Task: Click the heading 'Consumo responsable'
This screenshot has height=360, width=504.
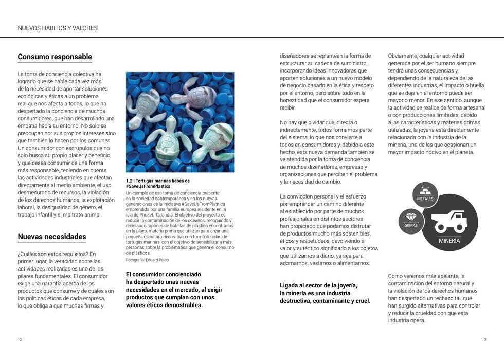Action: click(55, 57)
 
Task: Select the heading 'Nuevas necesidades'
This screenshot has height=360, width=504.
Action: click(52, 237)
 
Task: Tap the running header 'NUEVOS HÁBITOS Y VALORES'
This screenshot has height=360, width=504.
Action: click(58, 28)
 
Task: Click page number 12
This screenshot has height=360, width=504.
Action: click(20, 339)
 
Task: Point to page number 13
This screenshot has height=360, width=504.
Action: click(484, 339)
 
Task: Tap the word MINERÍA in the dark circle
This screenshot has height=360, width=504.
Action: click(449, 241)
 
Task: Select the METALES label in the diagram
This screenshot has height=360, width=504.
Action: click(425, 199)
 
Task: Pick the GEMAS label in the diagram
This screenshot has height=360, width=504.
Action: click(411, 225)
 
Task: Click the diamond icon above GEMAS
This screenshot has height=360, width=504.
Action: click(411, 217)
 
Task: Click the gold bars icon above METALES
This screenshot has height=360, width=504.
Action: click(425, 189)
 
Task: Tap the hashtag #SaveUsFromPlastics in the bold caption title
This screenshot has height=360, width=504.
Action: click(148, 186)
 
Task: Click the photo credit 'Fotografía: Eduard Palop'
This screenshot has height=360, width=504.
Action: click(147, 260)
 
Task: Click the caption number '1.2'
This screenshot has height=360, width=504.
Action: click(130, 181)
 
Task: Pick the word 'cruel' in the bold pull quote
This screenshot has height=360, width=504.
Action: click(362, 301)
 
